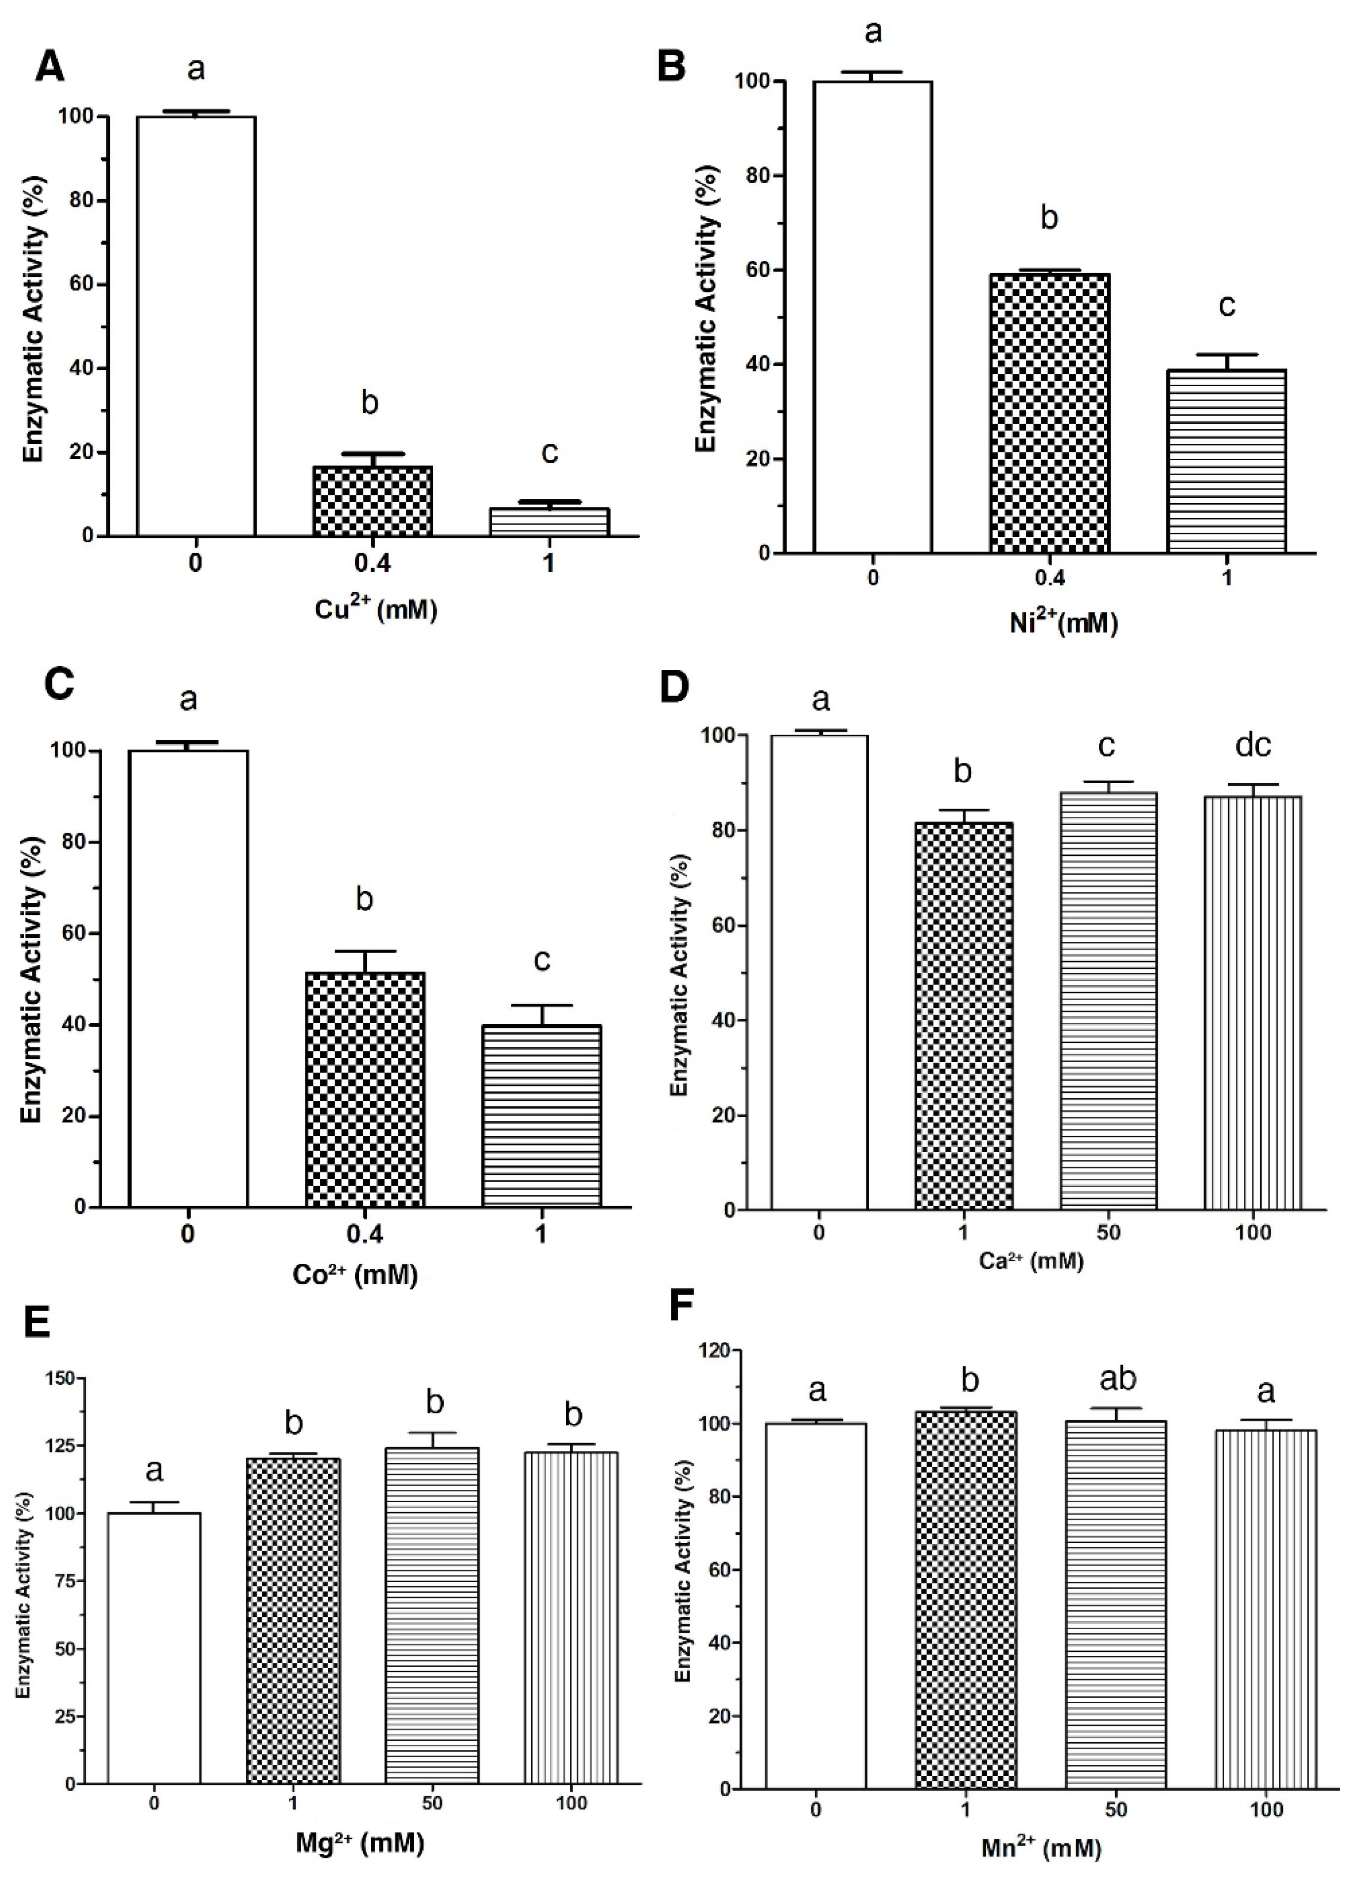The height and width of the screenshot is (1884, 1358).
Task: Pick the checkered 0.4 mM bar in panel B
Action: (1050, 413)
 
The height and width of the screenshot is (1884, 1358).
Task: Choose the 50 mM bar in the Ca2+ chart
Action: (1108, 1001)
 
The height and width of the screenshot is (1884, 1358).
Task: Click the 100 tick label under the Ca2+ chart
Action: (1252, 1233)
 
